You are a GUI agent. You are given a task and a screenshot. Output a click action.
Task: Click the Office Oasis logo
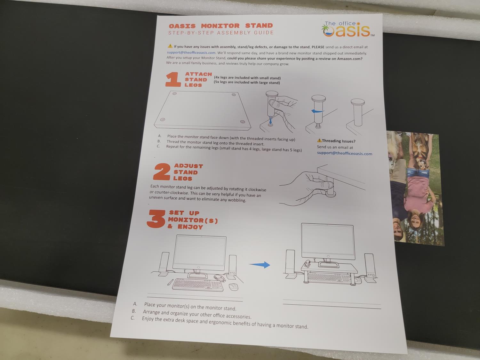pyautogui.click(x=348, y=29)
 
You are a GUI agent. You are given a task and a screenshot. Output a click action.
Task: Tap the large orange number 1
pyautogui.click(x=173, y=80)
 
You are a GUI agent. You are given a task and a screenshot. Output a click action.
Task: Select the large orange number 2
pyautogui.click(x=162, y=172)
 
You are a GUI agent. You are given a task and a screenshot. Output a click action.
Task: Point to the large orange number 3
pyautogui.click(x=156, y=219)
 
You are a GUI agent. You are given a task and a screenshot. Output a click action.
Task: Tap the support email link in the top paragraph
pyautogui.click(x=191, y=53)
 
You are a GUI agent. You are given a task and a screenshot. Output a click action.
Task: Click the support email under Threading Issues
pyautogui.click(x=344, y=153)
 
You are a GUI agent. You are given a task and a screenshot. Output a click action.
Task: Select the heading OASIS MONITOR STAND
pyautogui.click(x=221, y=26)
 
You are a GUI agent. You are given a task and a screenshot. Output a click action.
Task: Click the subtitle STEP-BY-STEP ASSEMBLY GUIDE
pyautogui.click(x=221, y=33)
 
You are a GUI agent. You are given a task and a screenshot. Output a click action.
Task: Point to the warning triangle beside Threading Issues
pyautogui.click(x=319, y=140)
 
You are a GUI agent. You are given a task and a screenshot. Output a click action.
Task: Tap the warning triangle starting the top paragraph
pyautogui.click(x=170, y=46)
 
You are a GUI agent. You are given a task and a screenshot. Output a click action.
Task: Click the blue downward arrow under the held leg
pyautogui.click(x=270, y=121)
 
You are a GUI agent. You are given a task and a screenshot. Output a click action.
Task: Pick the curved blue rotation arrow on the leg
pyautogui.click(x=317, y=111)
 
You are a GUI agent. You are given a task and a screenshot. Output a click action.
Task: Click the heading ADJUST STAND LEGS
pyautogui.click(x=188, y=172)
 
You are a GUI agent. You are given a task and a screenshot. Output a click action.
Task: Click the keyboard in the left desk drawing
pyautogui.click(x=198, y=285)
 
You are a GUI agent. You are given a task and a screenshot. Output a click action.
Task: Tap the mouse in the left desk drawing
pyautogui.click(x=233, y=287)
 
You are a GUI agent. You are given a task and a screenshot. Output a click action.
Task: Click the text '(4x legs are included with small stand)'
pyautogui.click(x=247, y=77)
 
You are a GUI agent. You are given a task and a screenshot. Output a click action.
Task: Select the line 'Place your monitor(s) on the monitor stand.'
pyautogui.click(x=190, y=307)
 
